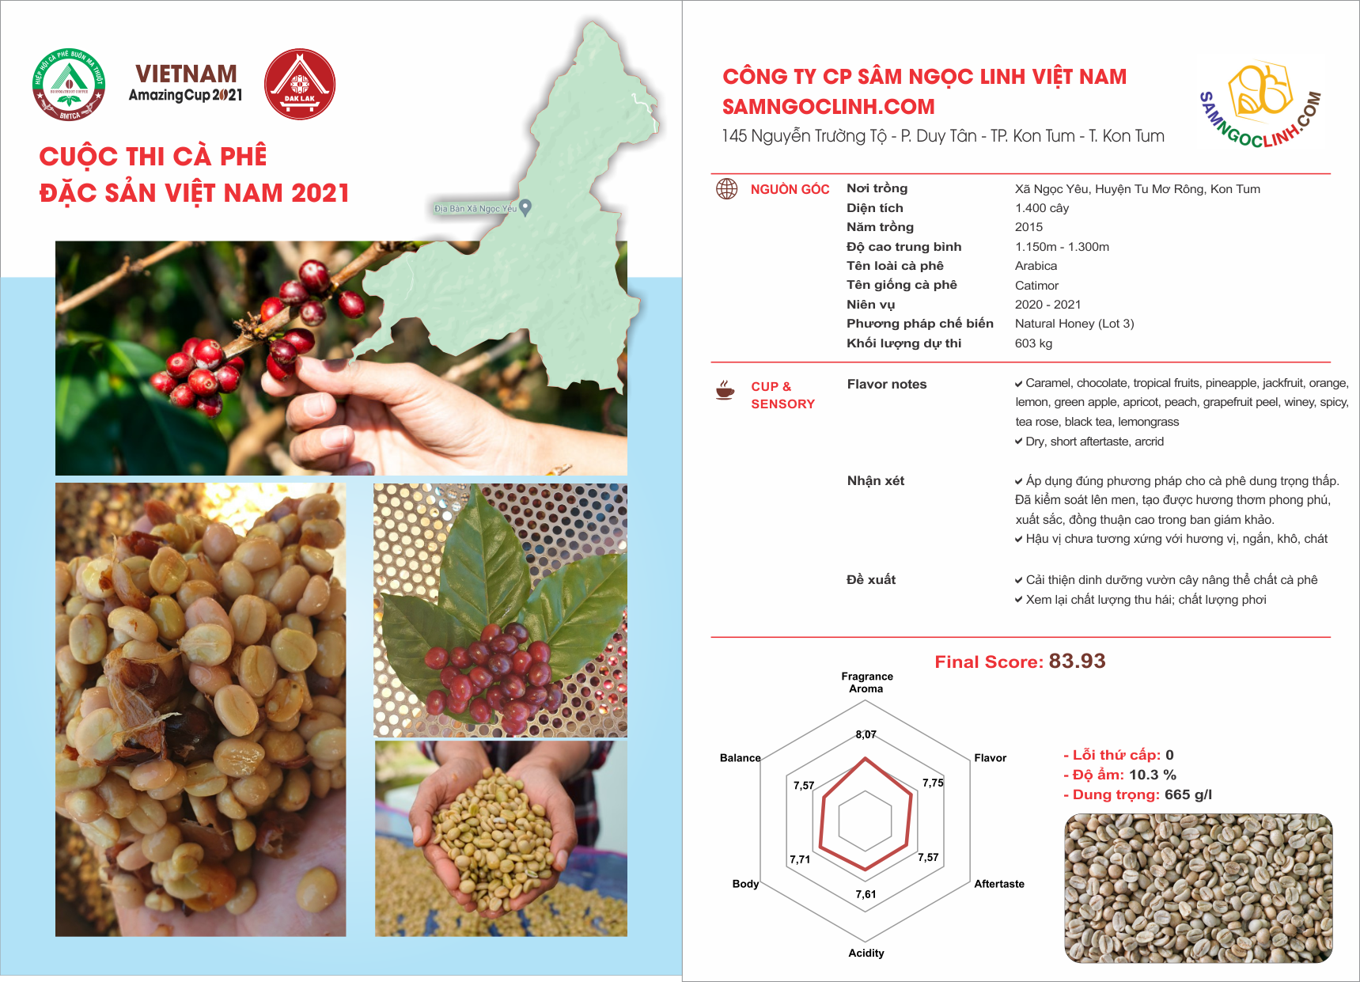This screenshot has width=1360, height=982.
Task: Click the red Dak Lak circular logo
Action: click(300, 84)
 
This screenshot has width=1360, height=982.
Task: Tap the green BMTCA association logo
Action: click(69, 85)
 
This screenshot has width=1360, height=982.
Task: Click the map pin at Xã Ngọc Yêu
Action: click(525, 207)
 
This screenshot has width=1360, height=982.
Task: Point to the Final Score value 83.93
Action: click(1077, 662)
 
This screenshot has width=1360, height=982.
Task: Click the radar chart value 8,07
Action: click(866, 734)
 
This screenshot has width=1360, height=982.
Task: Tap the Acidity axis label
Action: click(866, 953)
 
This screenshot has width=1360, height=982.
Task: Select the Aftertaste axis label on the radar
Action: click(999, 884)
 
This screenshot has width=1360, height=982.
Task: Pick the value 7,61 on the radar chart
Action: click(866, 894)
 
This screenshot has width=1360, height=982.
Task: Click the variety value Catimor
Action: click(1036, 285)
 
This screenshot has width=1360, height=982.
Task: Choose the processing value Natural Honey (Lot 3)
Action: click(1074, 324)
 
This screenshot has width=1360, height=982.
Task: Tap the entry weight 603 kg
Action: click(1033, 343)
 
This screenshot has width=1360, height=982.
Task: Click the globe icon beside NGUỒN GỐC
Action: click(726, 188)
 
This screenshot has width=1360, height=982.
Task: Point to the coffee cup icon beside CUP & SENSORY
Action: click(725, 390)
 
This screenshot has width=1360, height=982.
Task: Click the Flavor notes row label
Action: click(887, 385)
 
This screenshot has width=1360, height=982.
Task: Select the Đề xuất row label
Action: click(871, 579)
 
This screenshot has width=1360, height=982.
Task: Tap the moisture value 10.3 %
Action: click(1153, 775)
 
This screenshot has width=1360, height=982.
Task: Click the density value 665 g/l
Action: click(1188, 794)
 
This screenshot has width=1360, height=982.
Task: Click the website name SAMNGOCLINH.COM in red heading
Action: click(828, 107)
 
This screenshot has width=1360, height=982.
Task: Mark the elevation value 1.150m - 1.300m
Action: click(1062, 247)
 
